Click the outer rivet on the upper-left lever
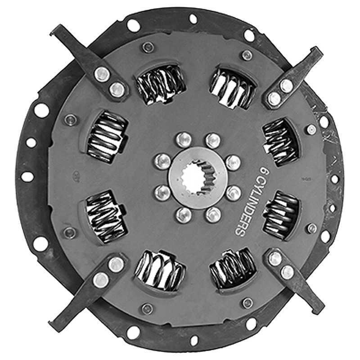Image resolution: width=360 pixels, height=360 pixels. click(101, 72)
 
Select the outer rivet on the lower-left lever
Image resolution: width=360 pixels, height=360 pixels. click(101, 279)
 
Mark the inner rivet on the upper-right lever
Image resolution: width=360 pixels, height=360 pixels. click(274, 98)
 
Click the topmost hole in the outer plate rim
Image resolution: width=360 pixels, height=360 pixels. click(193, 19)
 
